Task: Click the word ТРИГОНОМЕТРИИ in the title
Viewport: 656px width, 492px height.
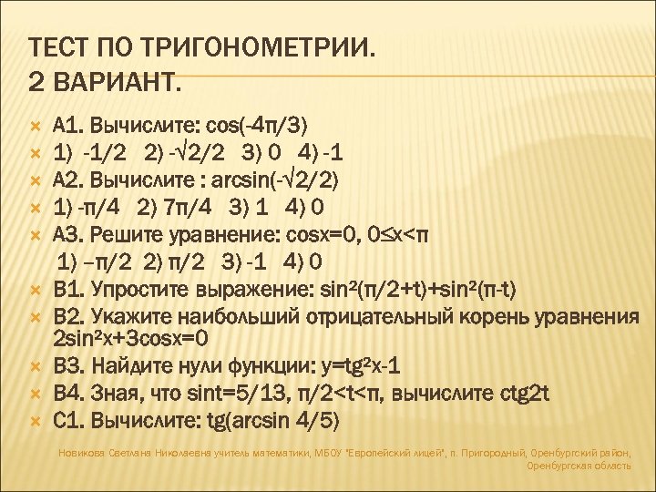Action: coord(251,46)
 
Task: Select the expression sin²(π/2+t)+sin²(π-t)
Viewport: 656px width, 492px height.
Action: coord(419,291)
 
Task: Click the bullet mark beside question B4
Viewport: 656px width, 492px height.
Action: coord(36,395)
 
